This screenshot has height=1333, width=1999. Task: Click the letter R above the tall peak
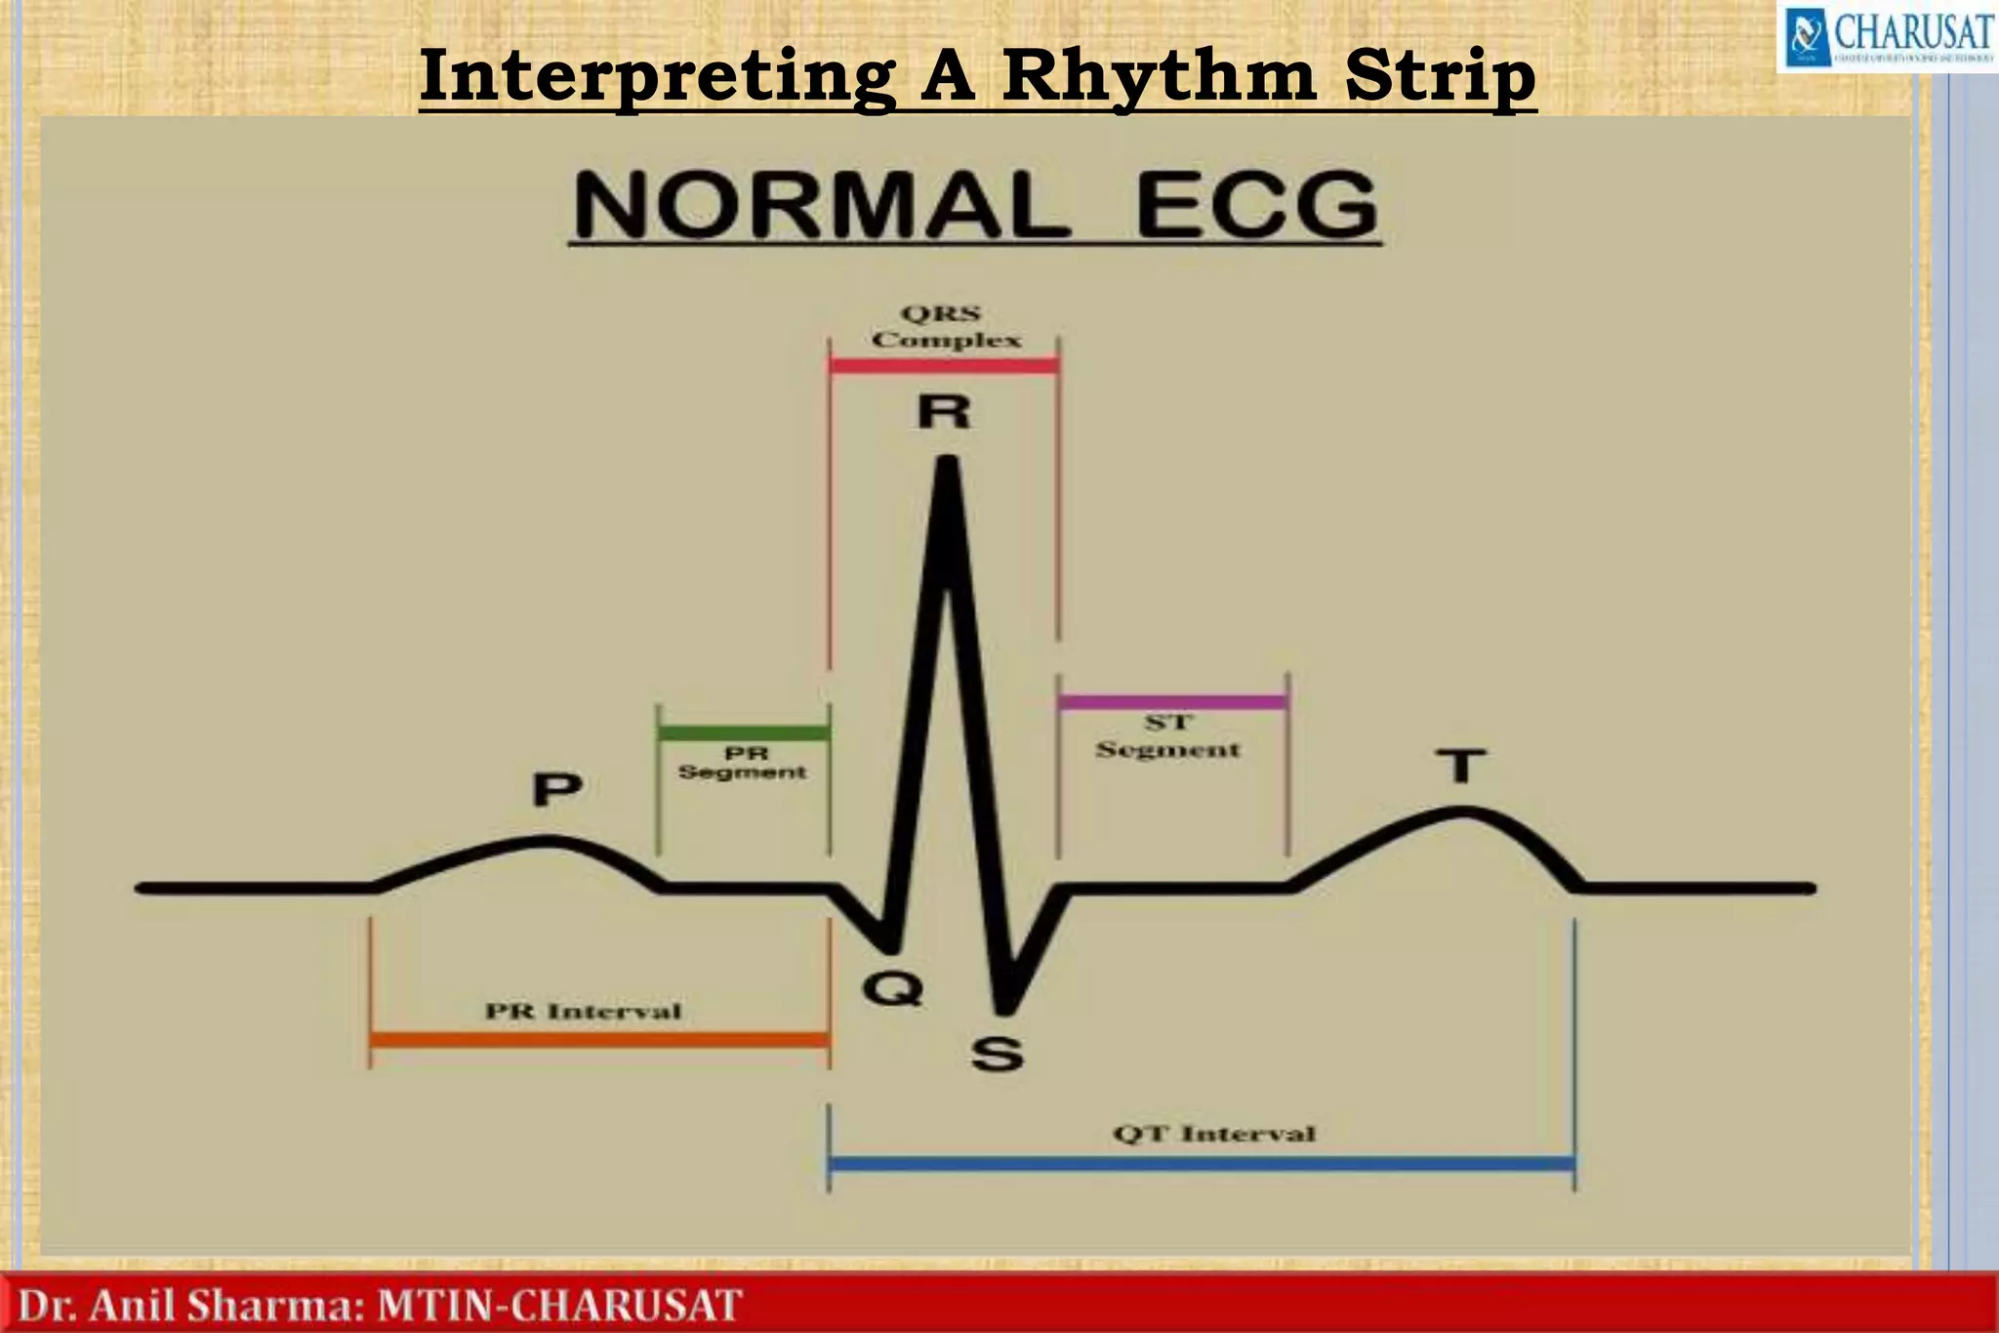[x=944, y=413]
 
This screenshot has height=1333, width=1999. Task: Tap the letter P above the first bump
[x=557, y=788]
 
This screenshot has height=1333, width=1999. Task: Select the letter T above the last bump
[x=1460, y=767]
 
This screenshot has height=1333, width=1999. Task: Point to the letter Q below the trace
[x=892, y=989]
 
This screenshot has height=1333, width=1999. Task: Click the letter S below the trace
[x=997, y=1055]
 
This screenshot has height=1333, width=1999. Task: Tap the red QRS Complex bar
[x=944, y=366]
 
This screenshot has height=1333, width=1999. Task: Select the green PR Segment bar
[x=744, y=732]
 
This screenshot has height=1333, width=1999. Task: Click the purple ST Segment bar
[x=1172, y=701]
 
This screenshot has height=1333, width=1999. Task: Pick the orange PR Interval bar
[x=599, y=1040]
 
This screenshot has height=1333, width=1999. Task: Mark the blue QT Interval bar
[x=1201, y=1163]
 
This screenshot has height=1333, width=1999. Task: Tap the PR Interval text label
[x=584, y=1011]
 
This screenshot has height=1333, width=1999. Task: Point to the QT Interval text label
[x=1214, y=1134]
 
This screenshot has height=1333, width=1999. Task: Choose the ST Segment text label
[x=1167, y=736]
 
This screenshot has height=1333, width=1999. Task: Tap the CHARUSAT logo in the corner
[x=1884, y=37]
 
